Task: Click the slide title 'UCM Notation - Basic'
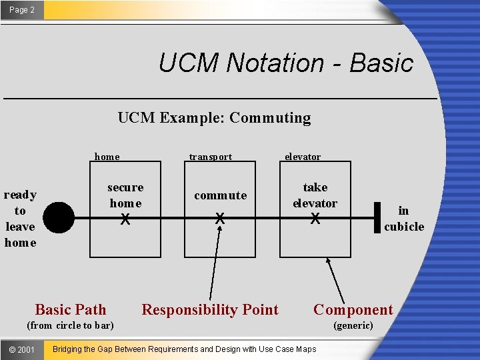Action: point(286,63)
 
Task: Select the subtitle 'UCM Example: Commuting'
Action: point(214,118)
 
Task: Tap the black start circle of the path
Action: point(60,217)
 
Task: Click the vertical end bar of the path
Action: point(377,218)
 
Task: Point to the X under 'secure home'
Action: point(125,219)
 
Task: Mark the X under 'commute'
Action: point(219,219)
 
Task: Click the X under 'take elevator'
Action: point(315,219)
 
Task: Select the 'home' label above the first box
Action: point(107,157)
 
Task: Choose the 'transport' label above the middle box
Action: point(211,157)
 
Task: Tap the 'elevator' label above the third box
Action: point(303,157)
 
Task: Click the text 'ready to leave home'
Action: point(20,219)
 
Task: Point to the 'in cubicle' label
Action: point(404,219)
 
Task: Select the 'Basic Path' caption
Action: point(70,309)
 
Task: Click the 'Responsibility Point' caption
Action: point(210,309)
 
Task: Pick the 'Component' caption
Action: point(353,309)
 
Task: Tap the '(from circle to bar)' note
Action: point(70,325)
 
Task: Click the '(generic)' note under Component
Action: point(353,325)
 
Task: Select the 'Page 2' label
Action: point(22,10)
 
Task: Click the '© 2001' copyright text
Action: point(22,349)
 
